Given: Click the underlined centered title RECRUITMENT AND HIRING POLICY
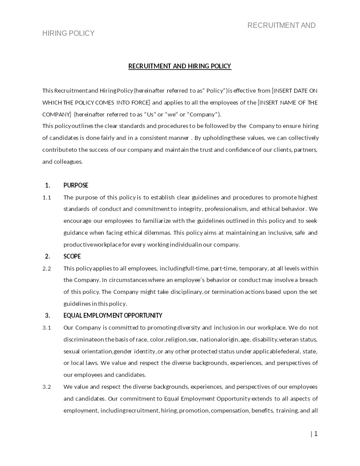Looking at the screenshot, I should pyautogui.click(x=180, y=66).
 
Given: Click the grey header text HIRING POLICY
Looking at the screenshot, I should pyautogui.click(x=68, y=34).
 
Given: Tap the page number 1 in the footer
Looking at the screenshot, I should pyautogui.click(x=315, y=434).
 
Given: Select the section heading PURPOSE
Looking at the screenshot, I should pyautogui.click(x=76, y=185).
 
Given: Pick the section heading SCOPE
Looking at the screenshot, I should pyautogui.click(x=72, y=256).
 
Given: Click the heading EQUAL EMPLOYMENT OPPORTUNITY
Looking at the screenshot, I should pyautogui.click(x=112, y=316).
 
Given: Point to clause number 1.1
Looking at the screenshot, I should pyautogui.click(x=47, y=197).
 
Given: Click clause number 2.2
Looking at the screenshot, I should pyautogui.click(x=47, y=268).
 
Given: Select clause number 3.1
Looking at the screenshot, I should pyautogui.click(x=47, y=327).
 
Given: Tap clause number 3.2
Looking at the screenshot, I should pyautogui.click(x=47, y=387).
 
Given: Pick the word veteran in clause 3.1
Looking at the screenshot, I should pyautogui.click(x=288, y=339).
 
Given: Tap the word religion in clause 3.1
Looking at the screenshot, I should pyautogui.click(x=176, y=339).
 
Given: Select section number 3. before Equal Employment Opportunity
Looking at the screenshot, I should pyautogui.click(x=48, y=316).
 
